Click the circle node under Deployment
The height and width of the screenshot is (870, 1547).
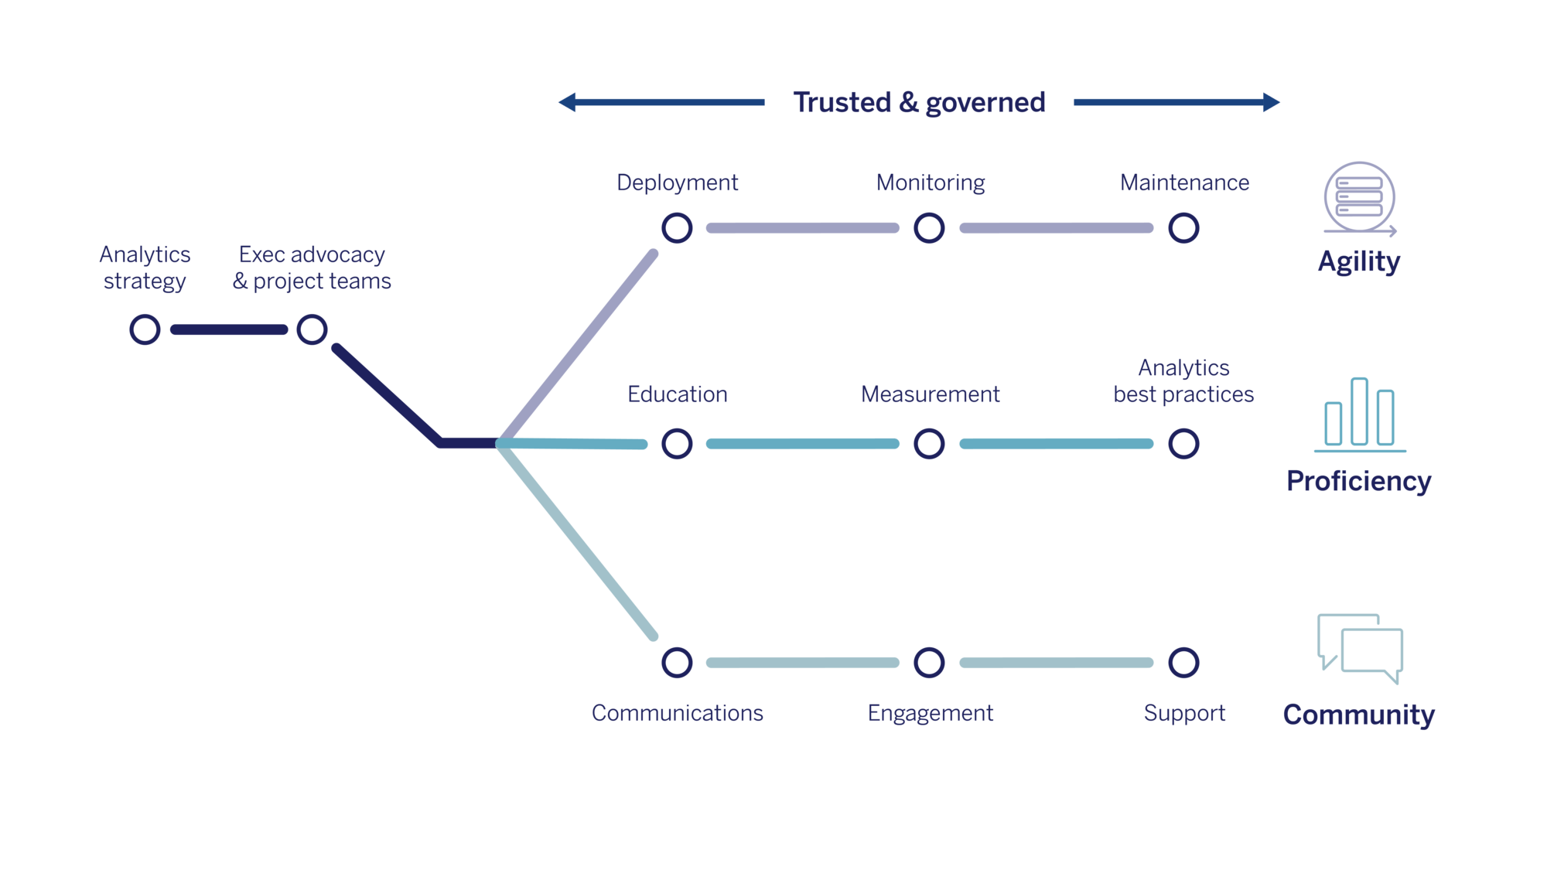677,228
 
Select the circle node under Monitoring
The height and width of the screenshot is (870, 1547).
929,228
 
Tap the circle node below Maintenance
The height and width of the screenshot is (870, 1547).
1183,228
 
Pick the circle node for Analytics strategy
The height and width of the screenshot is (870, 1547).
145,329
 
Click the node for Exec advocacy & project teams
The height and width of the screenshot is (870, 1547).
312,329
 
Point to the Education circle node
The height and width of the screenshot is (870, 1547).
677,444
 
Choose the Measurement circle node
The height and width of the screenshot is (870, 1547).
929,444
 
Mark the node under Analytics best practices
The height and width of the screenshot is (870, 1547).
1183,444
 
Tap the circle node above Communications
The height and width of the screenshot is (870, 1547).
677,663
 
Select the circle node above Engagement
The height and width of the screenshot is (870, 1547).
929,663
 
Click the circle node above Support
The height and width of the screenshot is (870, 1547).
1183,663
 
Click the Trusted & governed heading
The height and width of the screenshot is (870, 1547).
919,102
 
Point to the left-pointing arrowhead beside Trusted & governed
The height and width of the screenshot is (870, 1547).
568,102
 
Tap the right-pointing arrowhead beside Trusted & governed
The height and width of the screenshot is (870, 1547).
1271,102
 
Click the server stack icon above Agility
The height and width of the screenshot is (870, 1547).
1359,198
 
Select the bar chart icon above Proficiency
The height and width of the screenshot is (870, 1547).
1359,414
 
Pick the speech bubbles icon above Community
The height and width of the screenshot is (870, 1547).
1359,648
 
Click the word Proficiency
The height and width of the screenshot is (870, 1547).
1358,481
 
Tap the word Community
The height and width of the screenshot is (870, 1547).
1358,715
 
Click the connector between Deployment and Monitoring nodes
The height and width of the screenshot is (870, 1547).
803,228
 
